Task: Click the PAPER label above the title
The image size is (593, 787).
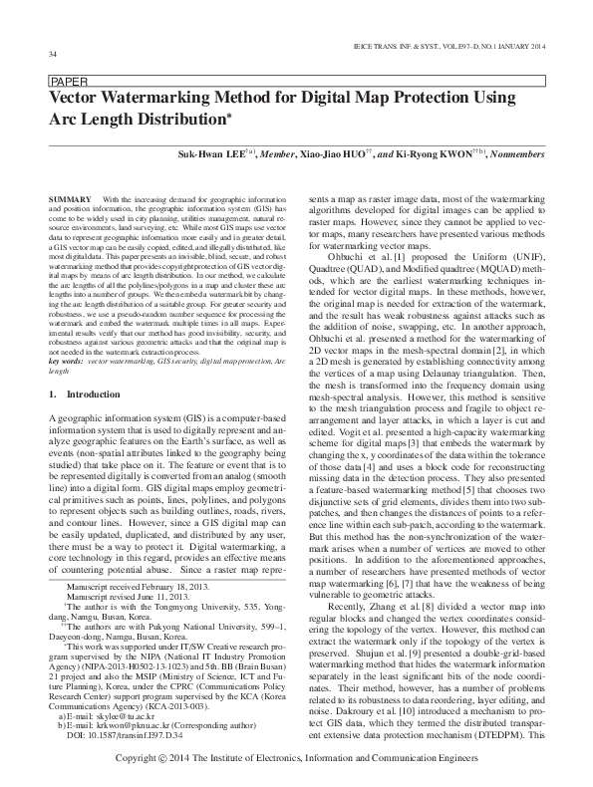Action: coord(65,83)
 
